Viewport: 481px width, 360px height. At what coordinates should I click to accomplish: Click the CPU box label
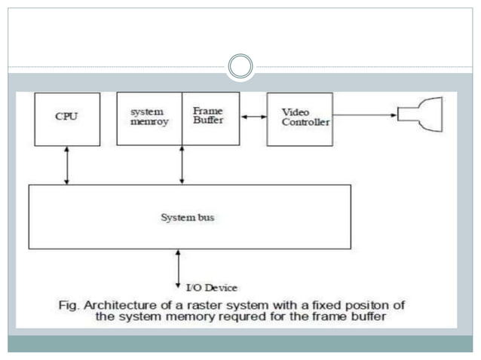coord(66,117)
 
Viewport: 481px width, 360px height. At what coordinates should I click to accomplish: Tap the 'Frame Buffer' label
coord(208,115)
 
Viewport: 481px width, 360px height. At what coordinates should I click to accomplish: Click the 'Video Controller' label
coord(299,116)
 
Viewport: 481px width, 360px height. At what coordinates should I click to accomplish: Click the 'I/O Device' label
coord(211,288)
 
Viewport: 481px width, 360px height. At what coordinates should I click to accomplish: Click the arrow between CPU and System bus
coord(67,165)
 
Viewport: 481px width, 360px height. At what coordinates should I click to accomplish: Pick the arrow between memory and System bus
coord(182,165)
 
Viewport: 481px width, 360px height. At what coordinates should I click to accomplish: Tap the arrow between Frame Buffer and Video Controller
coord(253,116)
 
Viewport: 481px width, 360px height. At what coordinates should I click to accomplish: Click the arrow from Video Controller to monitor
coord(364,116)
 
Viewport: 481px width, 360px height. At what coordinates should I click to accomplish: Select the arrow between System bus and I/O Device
coord(178,267)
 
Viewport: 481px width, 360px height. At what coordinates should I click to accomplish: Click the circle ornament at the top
coord(240,66)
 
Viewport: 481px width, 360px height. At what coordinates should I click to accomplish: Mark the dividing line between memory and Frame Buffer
coord(182,118)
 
